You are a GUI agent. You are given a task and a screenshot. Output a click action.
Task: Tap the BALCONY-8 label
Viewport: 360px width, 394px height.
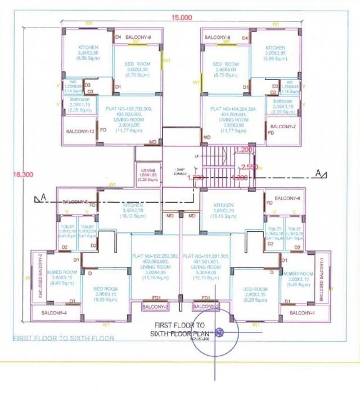(x=218, y=37)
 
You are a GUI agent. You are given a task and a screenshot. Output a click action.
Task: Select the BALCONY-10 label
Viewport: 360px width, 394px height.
(x=80, y=131)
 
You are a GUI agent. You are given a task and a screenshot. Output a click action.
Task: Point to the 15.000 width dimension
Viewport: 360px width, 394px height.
(x=182, y=18)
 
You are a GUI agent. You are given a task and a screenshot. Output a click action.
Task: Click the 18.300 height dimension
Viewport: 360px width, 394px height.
(x=24, y=175)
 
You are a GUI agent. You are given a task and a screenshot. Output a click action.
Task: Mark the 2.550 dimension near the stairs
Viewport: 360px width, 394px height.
(x=249, y=167)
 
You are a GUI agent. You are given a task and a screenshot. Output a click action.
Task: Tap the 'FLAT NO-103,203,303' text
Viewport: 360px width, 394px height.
(x=130, y=108)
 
